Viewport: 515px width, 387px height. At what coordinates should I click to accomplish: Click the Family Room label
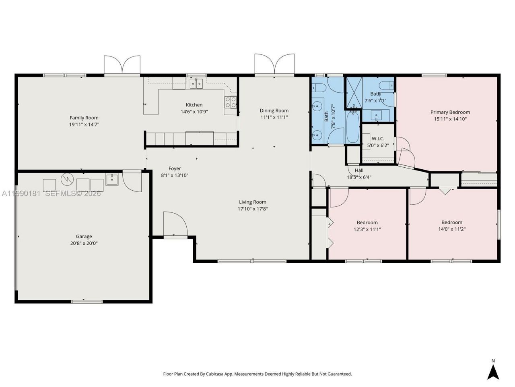tap(84, 118)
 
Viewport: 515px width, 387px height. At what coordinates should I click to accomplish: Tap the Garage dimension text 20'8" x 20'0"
tap(84, 243)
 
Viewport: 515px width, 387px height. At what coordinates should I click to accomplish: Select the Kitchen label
tap(194, 105)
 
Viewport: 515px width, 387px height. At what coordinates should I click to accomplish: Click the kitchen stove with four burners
tap(231, 102)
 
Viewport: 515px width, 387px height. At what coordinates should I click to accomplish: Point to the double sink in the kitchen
tap(196, 83)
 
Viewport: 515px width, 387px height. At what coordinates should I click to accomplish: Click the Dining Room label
tap(274, 110)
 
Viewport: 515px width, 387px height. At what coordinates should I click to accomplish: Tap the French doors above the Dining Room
tap(274, 64)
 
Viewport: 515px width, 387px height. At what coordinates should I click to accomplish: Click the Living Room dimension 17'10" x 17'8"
tap(253, 209)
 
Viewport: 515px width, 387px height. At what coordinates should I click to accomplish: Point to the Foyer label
tap(175, 169)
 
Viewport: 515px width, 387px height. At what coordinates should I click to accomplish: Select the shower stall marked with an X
tap(354, 92)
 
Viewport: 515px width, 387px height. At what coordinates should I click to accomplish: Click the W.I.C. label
tap(378, 139)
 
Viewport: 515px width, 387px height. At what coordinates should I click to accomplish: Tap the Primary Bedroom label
tap(450, 112)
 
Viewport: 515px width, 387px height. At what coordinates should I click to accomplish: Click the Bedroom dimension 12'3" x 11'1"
tap(367, 229)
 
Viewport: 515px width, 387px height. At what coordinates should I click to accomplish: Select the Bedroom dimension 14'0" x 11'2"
tap(451, 229)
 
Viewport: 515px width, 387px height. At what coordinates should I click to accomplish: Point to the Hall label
tap(359, 170)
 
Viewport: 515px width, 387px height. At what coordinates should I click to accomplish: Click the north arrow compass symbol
tap(493, 369)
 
